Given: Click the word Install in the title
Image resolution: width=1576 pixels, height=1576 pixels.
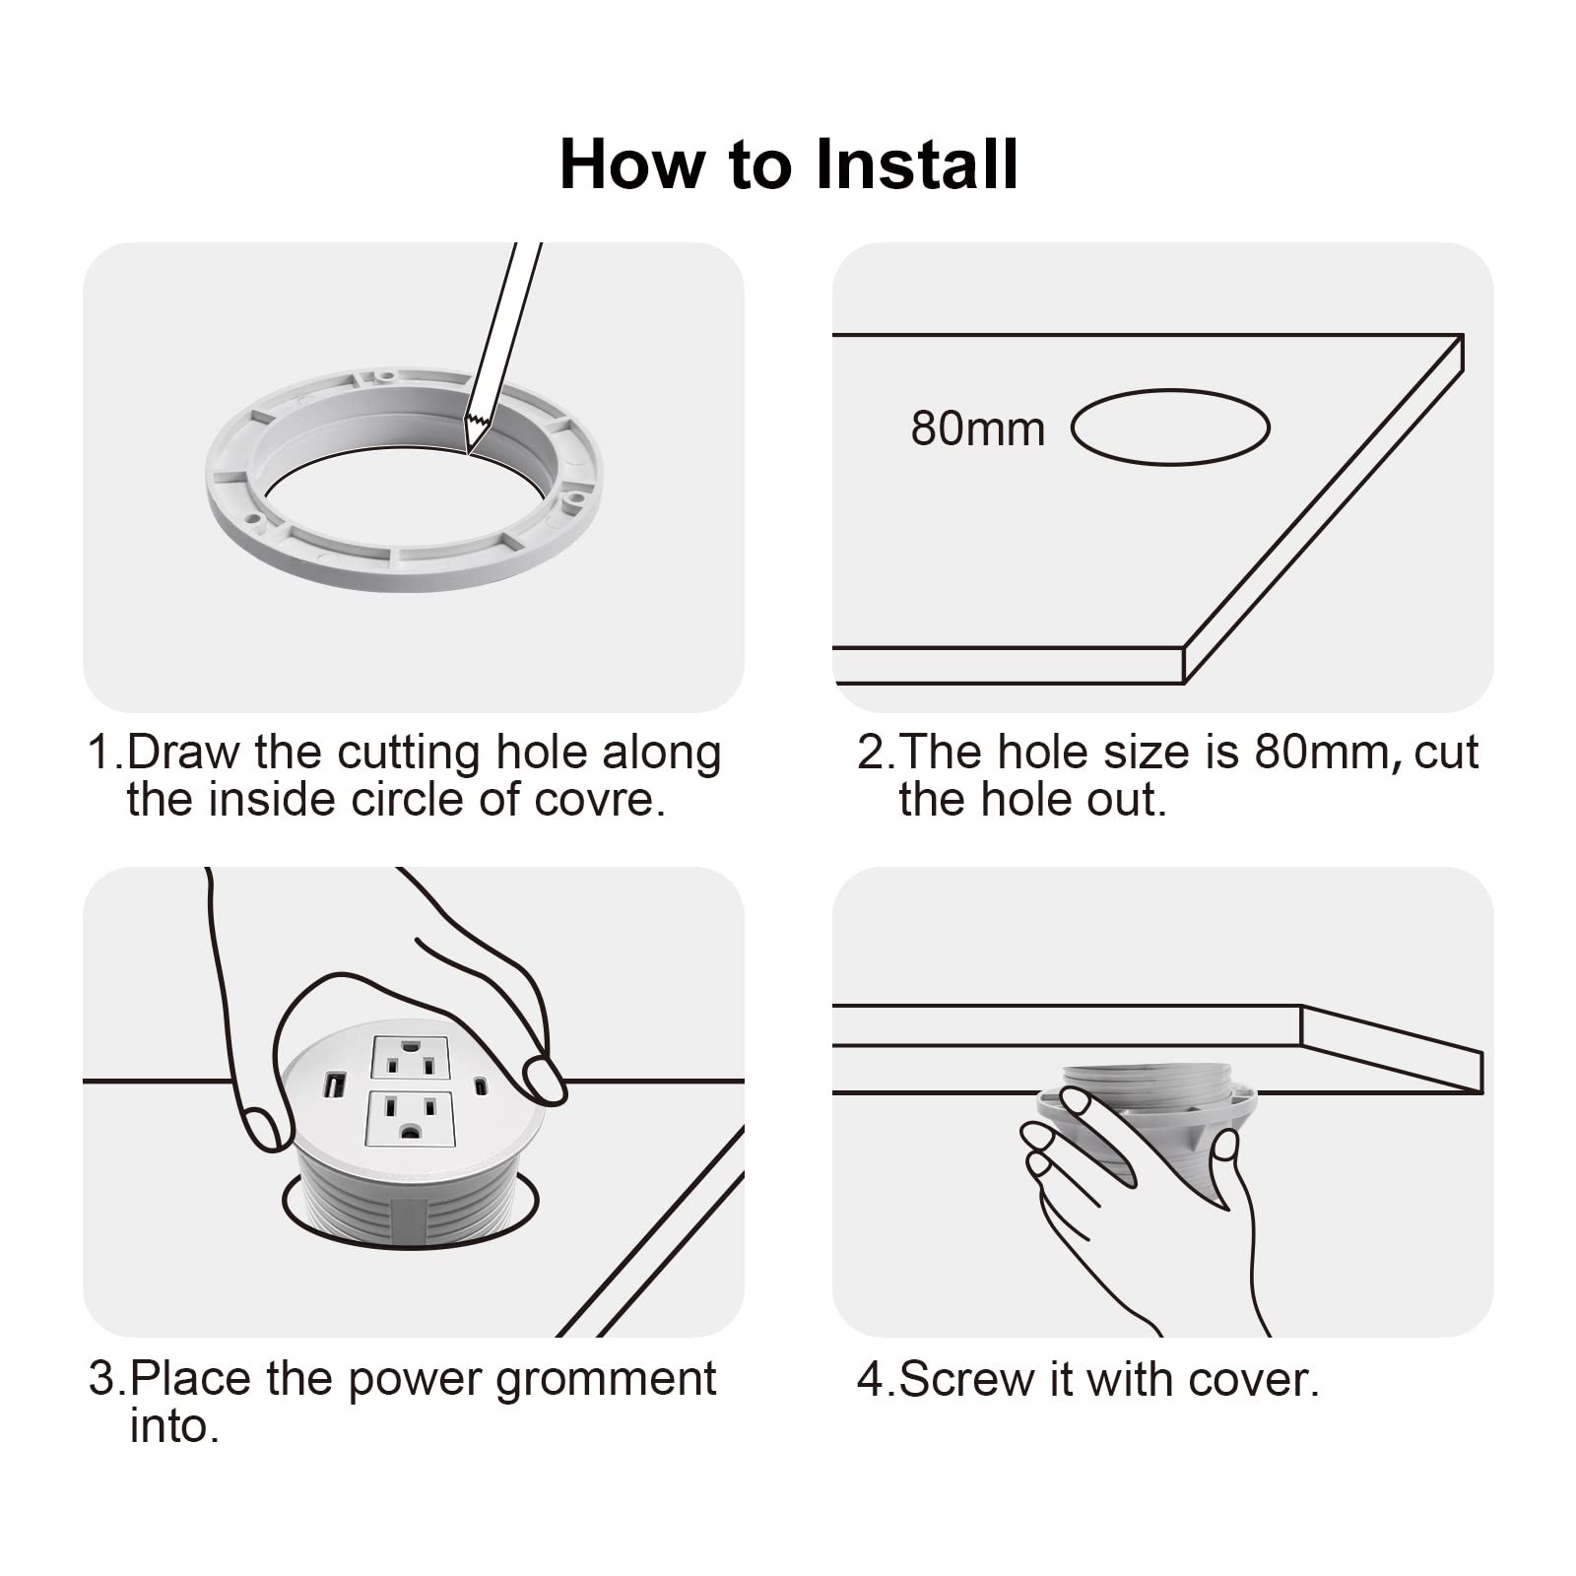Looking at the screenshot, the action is pyautogui.click(x=917, y=164).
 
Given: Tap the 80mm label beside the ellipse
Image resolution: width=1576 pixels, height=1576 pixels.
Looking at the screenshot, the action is pyautogui.click(x=977, y=428).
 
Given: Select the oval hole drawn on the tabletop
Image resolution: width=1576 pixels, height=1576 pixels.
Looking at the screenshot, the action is pyautogui.click(x=1170, y=389).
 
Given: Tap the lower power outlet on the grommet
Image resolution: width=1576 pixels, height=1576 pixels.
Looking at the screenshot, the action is pyautogui.click(x=411, y=1118).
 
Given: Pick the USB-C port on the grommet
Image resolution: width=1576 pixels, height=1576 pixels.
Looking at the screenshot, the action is pyautogui.click(x=481, y=1086).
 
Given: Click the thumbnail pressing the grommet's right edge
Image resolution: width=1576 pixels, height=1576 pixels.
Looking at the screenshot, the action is pyautogui.click(x=543, y=1080).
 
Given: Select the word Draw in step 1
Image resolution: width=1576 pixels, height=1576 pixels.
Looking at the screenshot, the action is pyautogui.click(x=184, y=753).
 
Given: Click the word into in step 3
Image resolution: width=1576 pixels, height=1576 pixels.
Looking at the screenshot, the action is pyautogui.click(x=173, y=1426).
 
